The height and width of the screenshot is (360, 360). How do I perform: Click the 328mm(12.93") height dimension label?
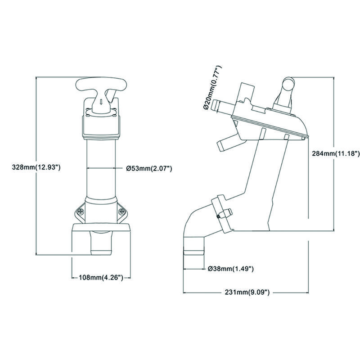(36, 167)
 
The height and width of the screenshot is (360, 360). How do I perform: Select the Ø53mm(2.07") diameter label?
(149, 168)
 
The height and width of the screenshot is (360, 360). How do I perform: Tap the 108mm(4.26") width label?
(101, 278)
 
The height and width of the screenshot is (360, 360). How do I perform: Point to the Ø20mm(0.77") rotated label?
(212, 88)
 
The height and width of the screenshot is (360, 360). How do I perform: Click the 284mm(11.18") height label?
(336, 153)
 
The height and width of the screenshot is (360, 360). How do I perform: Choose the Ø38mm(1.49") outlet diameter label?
(230, 269)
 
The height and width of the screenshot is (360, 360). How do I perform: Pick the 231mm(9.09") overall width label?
(247, 292)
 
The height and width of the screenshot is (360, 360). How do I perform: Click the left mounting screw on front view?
(81, 211)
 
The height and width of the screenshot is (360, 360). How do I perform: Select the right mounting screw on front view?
(121, 211)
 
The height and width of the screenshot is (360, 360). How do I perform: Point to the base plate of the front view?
(101, 227)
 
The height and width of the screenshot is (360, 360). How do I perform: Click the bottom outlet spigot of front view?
(101, 243)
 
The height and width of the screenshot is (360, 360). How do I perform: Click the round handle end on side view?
(288, 83)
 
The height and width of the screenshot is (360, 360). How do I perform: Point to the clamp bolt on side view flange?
(225, 213)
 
